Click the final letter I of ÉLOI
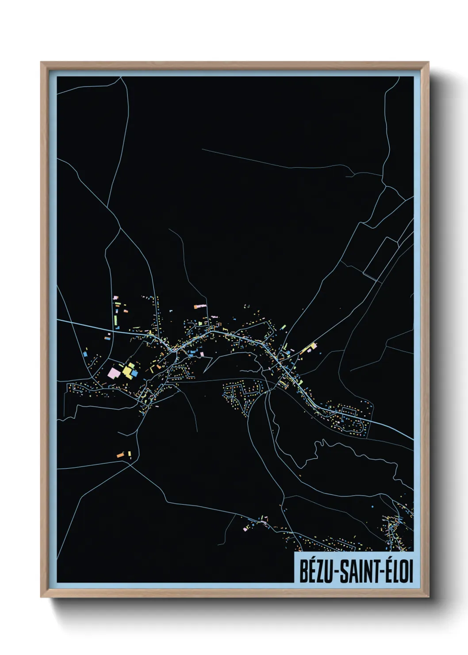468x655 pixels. coord(411,572)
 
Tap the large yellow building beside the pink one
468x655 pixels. coord(129,370)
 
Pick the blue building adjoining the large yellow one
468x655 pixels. coord(134,374)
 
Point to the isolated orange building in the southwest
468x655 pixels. coord(120,455)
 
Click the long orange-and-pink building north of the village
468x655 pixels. coord(200,306)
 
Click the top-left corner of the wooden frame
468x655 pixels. coord(41,62)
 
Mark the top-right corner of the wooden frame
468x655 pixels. coord(429,62)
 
